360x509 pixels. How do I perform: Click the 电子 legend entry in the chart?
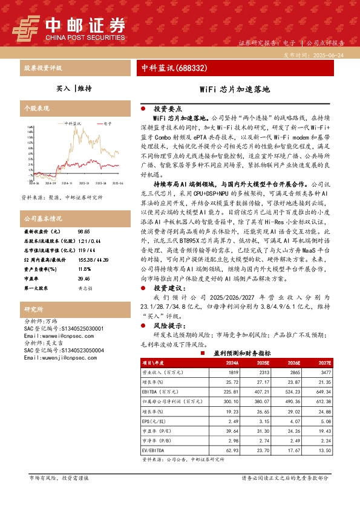pos(108,123)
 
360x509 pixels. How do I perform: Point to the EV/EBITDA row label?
pos(152,450)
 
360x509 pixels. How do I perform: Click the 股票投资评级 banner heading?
pos(43,68)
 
